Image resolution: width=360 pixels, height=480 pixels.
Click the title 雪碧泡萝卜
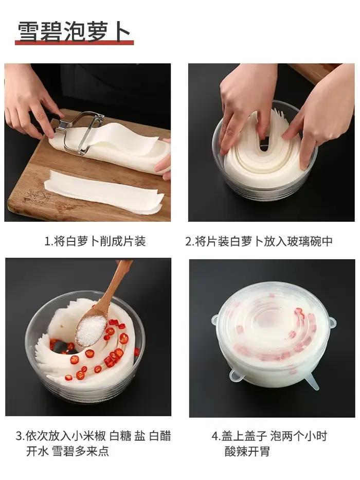74,31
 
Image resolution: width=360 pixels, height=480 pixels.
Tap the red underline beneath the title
75,43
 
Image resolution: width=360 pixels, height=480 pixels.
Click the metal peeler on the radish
79,131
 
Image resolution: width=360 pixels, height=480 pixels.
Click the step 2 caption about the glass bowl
263,241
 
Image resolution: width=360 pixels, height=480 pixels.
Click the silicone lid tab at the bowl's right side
332,322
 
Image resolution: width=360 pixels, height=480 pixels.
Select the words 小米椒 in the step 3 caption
89,436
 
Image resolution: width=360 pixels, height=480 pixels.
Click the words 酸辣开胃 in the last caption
247,451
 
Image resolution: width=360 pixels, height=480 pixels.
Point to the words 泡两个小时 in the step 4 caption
299,436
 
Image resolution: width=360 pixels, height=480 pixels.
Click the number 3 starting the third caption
19,436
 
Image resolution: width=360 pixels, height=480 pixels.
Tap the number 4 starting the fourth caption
215,436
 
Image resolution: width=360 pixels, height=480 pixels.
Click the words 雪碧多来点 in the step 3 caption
80,451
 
